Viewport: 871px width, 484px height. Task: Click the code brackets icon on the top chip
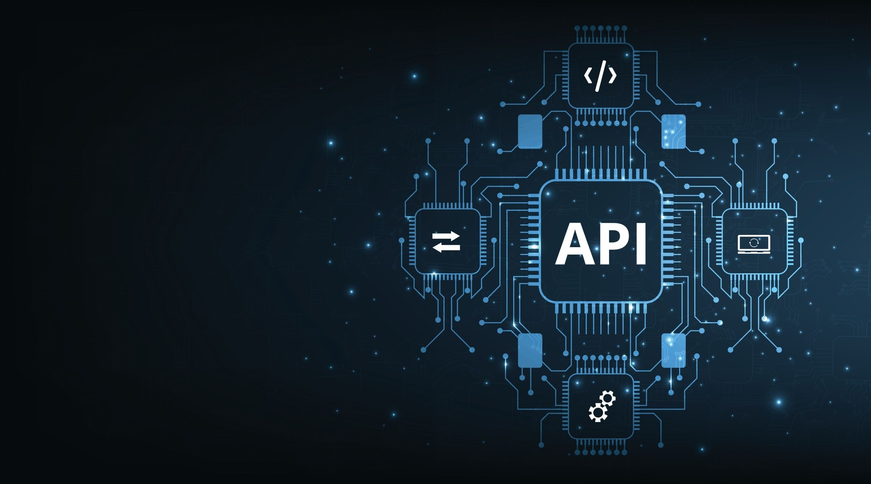point(600,76)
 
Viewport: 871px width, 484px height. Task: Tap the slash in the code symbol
point(600,76)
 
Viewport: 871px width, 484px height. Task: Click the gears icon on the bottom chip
point(602,406)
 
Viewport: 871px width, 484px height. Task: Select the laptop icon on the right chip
point(754,244)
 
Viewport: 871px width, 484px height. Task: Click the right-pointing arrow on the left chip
point(446,236)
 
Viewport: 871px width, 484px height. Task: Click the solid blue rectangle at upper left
point(530,131)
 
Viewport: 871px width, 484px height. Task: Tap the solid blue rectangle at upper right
point(674,131)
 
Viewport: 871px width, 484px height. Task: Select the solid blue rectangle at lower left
point(530,350)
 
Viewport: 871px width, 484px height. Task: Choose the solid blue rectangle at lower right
point(674,350)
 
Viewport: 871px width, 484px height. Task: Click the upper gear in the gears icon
point(608,398)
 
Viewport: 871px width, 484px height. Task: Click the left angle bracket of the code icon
point(588,76)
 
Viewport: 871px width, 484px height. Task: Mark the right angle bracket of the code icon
point(613,76)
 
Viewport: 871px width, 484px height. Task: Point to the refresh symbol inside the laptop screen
point(754,243)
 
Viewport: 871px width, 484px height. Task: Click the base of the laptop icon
point(754,252)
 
